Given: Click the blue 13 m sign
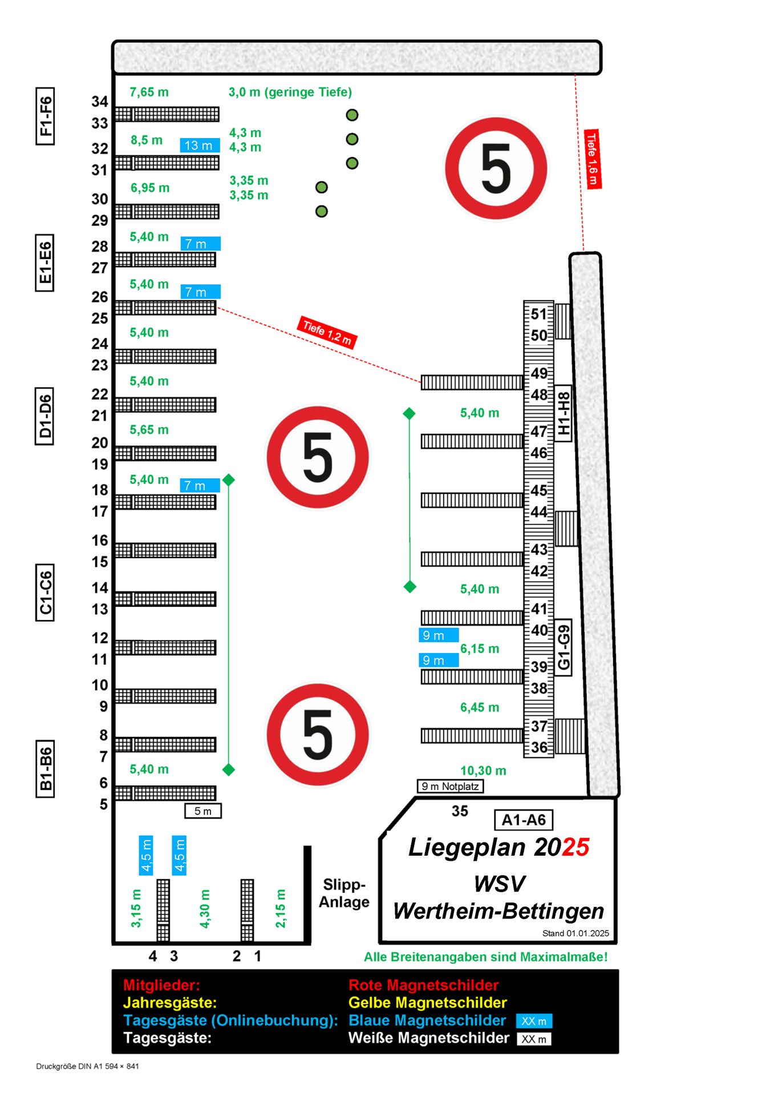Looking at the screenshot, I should point(200,146).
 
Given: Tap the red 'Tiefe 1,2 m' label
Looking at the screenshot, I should point(327,332).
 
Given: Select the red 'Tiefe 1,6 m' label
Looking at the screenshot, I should point(593,158).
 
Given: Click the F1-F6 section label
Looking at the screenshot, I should point(45,116).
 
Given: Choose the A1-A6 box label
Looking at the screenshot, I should point(523,820).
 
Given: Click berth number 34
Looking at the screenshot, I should point(100,102).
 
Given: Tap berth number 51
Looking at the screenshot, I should point(538,314).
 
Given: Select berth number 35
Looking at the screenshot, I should point(460,811).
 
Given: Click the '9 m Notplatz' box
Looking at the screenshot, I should point(450,787).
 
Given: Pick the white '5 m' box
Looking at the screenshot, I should point(202,811).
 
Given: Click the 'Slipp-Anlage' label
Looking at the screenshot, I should point(344,893).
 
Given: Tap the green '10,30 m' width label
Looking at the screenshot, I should point(483,771).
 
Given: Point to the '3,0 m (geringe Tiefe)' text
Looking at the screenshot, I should point(290,92).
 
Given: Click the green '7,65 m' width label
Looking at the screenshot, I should point(149,92).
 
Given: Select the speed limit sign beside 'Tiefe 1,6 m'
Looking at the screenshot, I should point(496,168).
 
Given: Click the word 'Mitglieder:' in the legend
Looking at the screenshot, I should point(161,985).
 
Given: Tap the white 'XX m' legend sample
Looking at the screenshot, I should point(534,1039).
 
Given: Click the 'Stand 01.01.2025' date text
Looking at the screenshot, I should point(575,933).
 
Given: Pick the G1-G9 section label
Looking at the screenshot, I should point(564,647).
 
